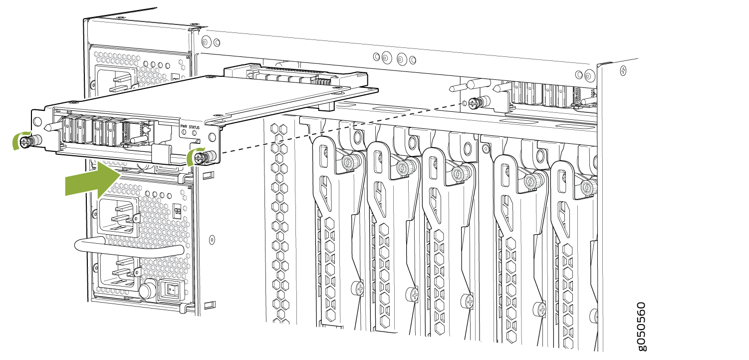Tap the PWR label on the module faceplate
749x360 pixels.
[184, 126]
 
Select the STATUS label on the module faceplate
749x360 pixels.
[194, 127]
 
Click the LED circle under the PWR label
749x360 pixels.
[184, 132]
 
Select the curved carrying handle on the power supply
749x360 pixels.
[129, 248]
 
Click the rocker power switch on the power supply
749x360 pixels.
[172, 290]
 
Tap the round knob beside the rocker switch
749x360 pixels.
[147, 291]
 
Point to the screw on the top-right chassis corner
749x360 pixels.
[623, 70]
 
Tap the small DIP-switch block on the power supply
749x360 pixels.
[178, 211]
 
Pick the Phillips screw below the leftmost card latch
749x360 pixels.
[358, 288]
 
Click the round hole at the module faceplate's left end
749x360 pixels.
[38, 121]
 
